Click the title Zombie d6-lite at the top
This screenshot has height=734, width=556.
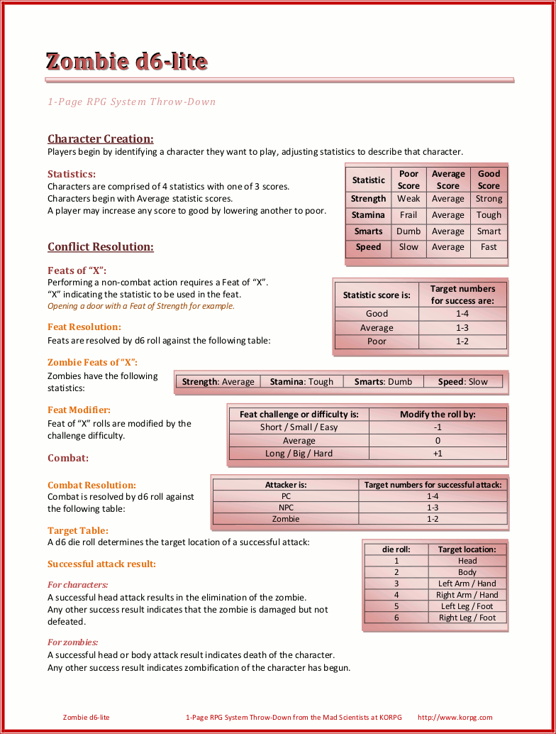pos(126,62)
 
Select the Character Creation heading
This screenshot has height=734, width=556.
pos(100,139)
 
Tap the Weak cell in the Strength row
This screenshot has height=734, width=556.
pos(408,199)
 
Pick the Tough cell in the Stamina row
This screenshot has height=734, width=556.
pos(489,215)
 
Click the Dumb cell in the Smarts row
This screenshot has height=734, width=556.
pos(408,231)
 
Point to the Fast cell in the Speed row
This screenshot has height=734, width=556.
pos(489,248)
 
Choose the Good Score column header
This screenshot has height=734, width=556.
pos(489,180)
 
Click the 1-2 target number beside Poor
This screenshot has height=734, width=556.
pos(462,341)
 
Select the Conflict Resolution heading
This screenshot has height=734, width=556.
pos(100,247)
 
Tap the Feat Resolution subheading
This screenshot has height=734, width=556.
pos(84,327)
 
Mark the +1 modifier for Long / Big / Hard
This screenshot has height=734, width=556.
pos(438,454)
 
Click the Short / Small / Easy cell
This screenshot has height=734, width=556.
pos(299,427)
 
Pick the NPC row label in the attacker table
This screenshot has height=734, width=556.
pos(286,508)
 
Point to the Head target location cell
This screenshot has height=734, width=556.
pos(467,561)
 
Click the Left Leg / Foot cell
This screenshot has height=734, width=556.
pos(467,606)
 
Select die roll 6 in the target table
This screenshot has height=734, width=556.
pos(396,618)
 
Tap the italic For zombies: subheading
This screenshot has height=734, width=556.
pos(72,642)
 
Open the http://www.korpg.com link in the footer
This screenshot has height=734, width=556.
pos(455,718)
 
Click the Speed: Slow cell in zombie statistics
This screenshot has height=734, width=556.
pos(462,382)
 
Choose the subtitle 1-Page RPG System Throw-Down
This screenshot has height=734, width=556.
pos(131,102)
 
